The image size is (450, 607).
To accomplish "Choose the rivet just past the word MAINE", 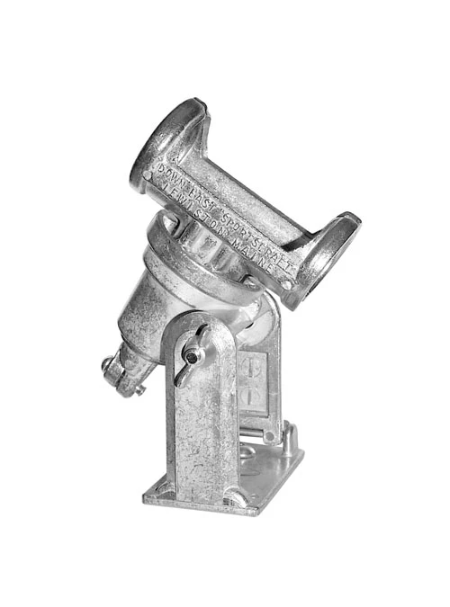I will point(285,284).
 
